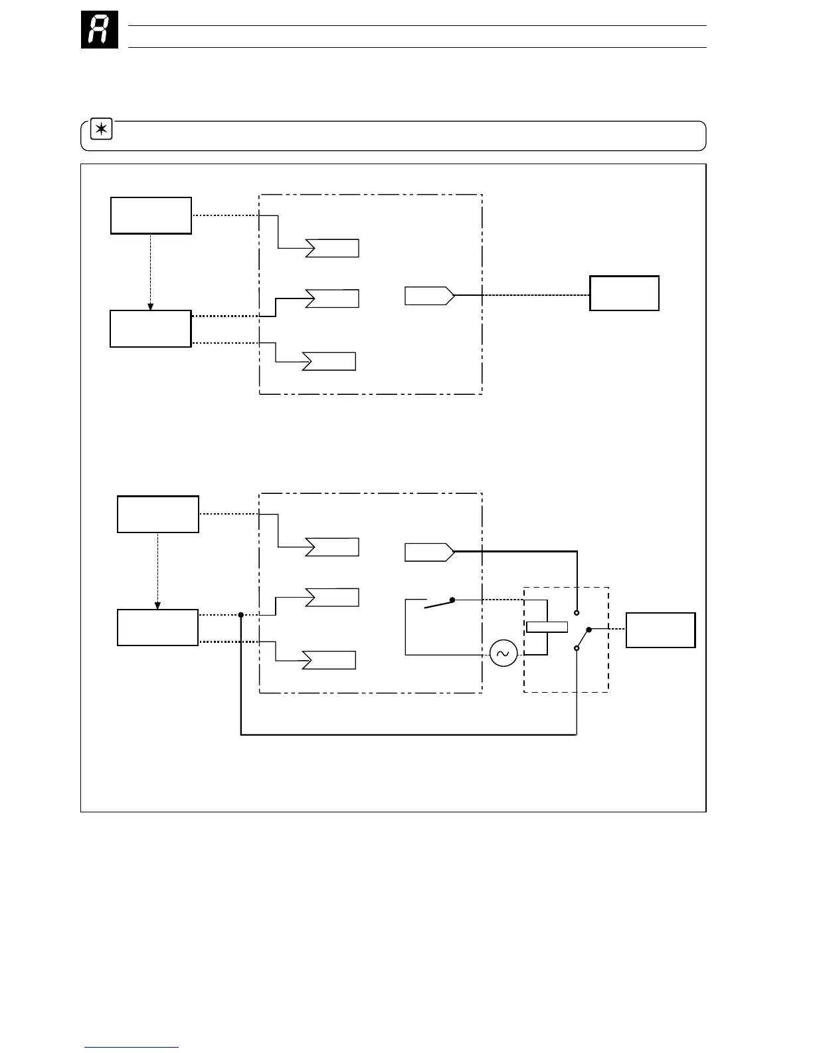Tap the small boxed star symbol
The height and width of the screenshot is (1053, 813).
(x=102, y=130)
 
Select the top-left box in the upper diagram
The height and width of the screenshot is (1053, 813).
(x=151, y=215)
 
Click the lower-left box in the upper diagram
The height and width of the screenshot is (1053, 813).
(x=151, y=328)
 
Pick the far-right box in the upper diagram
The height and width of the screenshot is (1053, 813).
(x=624, y=293)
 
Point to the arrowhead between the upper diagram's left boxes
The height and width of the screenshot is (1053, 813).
(x=151, y=306)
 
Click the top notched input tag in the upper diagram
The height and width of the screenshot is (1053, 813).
(x=332, y=248)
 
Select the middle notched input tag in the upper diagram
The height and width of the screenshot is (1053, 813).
(x=332, y=298)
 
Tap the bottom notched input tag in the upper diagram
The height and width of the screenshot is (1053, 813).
(x=329, y=361)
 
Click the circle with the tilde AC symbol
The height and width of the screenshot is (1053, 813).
(x=503, y=654)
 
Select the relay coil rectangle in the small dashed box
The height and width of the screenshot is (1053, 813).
(x=547, y=626)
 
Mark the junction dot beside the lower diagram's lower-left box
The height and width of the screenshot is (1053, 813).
(x=241, y=615)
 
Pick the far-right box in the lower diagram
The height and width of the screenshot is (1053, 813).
(x=661, y=630)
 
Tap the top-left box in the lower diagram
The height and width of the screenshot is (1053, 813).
(x=158, y=514)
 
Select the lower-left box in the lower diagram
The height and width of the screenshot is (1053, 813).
(x=158, y=628)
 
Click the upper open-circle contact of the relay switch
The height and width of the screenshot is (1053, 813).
(x=577, y=612)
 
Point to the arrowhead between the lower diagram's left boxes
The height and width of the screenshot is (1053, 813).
(x=158, y=606)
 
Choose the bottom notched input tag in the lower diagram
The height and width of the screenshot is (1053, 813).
(x=329, y=660)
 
